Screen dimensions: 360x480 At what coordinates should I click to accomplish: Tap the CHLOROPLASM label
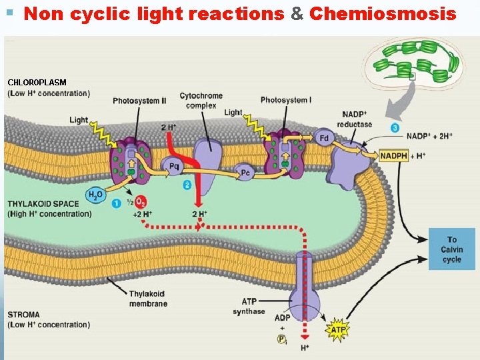[37, 82]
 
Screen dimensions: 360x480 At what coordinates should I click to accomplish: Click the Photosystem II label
[139, 101]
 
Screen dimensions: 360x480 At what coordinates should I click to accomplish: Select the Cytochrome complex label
[201, 101]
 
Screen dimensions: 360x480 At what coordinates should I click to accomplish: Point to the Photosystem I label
[285, 100]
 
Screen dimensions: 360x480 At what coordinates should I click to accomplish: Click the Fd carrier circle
[324, 138]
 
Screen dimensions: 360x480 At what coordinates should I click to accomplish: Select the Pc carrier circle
[245, 173]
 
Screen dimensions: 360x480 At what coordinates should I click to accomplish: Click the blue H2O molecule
[96, 195]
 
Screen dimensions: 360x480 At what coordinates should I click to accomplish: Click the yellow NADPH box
[393, 156]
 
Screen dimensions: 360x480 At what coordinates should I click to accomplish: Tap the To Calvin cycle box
[452, 249]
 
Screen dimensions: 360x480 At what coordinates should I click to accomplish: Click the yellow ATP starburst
[339, 329]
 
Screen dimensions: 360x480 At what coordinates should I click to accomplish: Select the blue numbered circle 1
[116, 202]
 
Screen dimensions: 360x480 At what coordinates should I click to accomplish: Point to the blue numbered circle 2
[187, 185]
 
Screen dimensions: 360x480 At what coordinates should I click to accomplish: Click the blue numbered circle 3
[395, 127]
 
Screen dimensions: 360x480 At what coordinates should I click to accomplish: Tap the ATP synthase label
[249, 307]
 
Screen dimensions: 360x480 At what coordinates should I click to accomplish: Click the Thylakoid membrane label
[147, 299]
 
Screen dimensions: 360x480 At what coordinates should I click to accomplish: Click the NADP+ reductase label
[357, 119]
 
